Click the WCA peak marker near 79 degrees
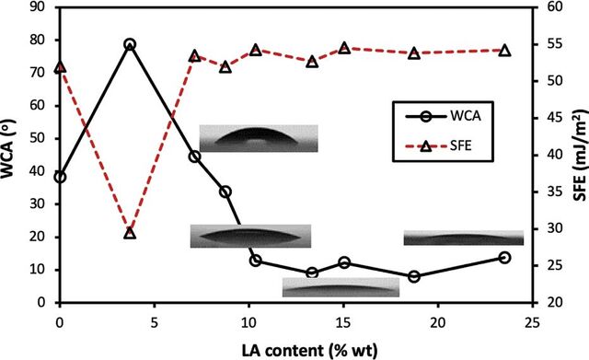[x=130, y=45]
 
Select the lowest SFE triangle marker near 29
[x=130, y=233]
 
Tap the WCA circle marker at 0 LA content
[x=60, y=177]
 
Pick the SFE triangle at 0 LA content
[x=60, y=67]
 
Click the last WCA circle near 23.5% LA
[x=505, y=258]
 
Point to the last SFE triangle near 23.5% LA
[x=505, y=51]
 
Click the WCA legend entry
[x=444, y=116]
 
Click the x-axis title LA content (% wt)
[x=309, y=350]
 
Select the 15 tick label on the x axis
[x=343, y=322]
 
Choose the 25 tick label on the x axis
[x=532, y=322]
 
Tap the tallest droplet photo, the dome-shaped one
[x=259, y=138]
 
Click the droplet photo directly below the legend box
[x=464, y=238]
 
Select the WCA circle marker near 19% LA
[x=414, y=277]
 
